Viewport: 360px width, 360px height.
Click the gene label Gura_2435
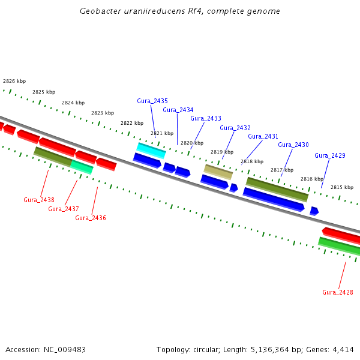(152, 101)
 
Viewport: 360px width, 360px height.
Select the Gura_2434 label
(178, 110)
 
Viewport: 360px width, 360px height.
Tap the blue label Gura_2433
(206, 118)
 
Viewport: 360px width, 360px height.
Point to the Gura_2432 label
(235, 128)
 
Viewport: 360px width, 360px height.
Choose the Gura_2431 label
(263, 136)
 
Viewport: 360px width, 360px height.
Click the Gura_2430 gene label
(293, 145)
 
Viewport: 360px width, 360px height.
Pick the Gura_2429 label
(330, 155)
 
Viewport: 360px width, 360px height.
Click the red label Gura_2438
(39, 200)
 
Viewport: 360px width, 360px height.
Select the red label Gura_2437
(64, 209)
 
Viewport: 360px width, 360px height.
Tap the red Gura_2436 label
(91, 218)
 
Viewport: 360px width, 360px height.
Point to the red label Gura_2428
(338, 292)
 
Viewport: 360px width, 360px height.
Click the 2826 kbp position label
(14, 81)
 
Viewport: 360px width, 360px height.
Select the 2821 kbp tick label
(162, 133)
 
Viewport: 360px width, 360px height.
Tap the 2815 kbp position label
(342, 187)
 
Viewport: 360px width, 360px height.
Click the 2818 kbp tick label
(252, 161)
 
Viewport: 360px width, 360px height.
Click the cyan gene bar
(151, 150)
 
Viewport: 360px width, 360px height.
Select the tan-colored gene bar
(218, 172)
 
